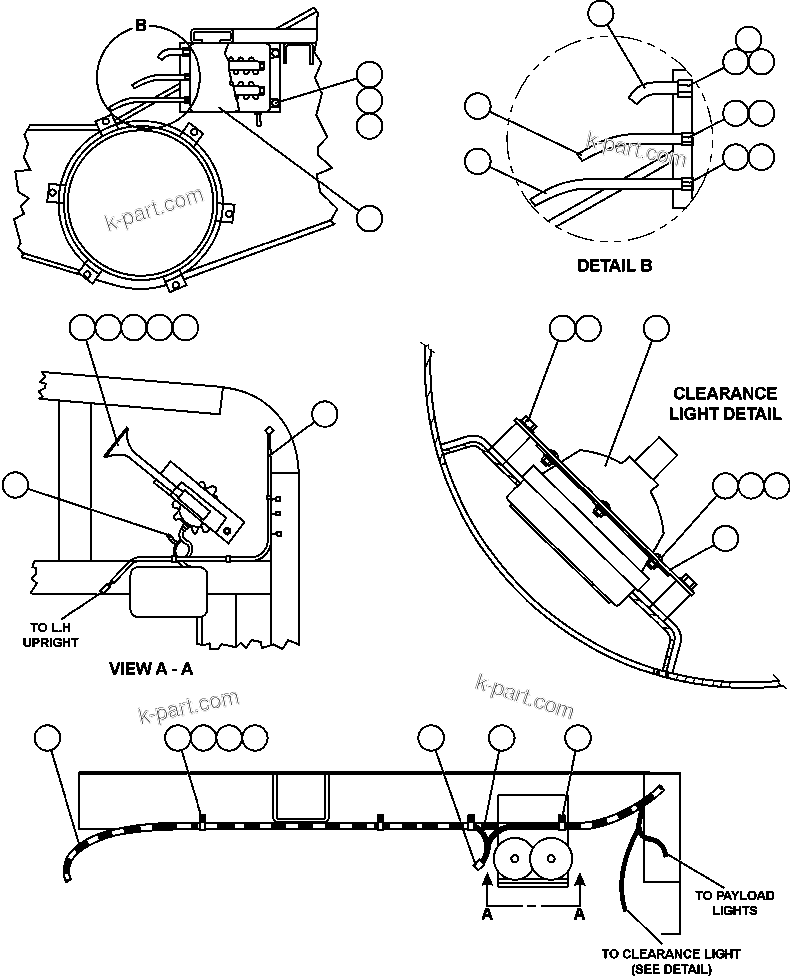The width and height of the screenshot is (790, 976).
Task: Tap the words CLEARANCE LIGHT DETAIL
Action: [725, 404]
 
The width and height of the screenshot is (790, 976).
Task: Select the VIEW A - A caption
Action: [150, 669]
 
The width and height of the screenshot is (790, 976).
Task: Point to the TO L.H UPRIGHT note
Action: [50, 634]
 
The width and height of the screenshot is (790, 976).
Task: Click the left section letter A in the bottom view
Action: [487, 914]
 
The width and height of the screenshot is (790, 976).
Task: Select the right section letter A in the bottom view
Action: [578, 914]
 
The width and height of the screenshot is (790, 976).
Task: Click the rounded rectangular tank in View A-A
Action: [168, 591]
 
